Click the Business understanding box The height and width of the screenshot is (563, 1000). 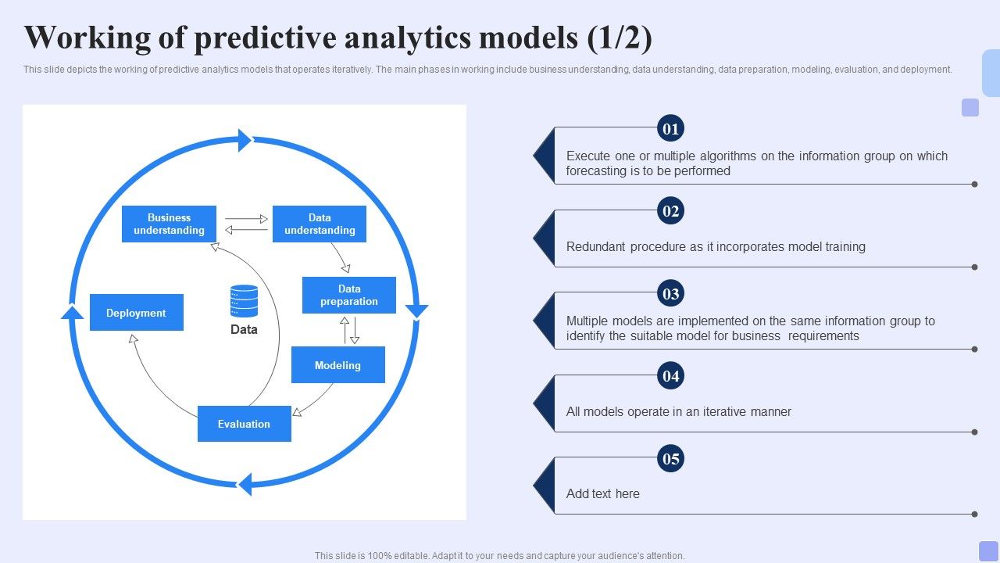click(x=169, y=224)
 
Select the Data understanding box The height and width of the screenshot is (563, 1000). click(x=319, y=224)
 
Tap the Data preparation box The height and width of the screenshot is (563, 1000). click(x=348, y=295)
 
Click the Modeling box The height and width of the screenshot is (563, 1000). click(x=337, y=365)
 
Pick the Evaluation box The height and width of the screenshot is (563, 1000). click(x=244, y=424)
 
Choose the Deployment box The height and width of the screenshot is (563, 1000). click(x=136, y=313)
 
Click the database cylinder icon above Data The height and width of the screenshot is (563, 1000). click(x=244, y=301)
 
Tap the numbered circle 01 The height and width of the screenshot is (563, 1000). click(x=671, y=128)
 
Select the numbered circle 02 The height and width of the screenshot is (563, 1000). click(x=671, y=211)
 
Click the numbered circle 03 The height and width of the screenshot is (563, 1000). click(x=671, y=294)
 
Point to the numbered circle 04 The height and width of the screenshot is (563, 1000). click(x=671, y=376)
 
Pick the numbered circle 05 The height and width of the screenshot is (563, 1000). click(x=671, y=459)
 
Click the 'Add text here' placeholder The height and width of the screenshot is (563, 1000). click(x=602, y=494)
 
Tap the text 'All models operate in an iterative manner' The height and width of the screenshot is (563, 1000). click(x=678, y=412)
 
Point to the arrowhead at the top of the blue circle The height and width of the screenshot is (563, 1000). click(x=245, y=140)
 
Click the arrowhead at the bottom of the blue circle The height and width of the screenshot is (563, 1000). click(x=245, y=484)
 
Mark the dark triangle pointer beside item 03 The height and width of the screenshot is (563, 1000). click(x=544, y=321)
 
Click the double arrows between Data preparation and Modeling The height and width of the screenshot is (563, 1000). click(x=349, y=330)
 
